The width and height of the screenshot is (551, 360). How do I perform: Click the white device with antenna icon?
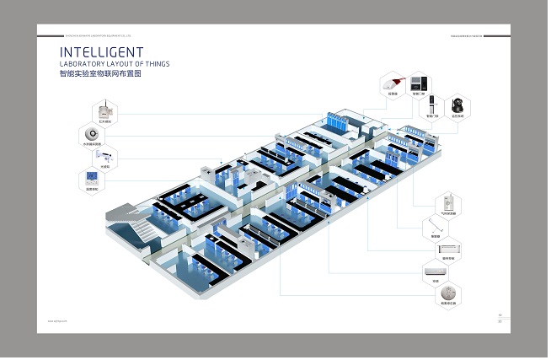coord(103,111)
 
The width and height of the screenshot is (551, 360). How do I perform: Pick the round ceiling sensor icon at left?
coord(92,134)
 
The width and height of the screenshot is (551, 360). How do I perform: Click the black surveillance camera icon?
coord(458,105)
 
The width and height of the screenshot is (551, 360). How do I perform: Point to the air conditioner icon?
coord(436,271)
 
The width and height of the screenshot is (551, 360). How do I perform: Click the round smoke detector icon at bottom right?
coord(447,293)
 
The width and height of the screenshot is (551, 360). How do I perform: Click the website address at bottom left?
coord(57,321)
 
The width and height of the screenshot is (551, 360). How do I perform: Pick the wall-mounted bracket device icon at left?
coord(104,157)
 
